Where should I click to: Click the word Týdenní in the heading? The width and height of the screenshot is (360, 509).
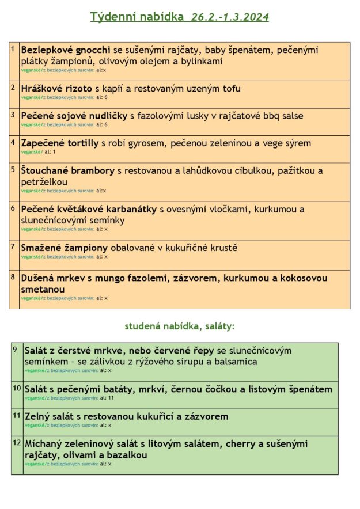[x=111, y=17]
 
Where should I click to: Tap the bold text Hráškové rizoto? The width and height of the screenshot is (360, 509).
[x=56, y=89]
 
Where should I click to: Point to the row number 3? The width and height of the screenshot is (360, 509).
[x=13, y=114]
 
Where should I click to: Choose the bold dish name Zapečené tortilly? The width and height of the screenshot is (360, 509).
[x=59, y=143]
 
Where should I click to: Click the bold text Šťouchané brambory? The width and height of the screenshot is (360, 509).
[x=68, y=171]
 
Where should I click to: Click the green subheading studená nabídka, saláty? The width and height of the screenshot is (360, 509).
[x=180, y=326]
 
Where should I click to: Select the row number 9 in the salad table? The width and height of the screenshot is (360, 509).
[x=15, y=349]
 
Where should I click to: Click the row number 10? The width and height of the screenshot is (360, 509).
[x=17, y=388]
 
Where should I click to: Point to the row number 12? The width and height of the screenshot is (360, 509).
[x=17, y=443]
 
